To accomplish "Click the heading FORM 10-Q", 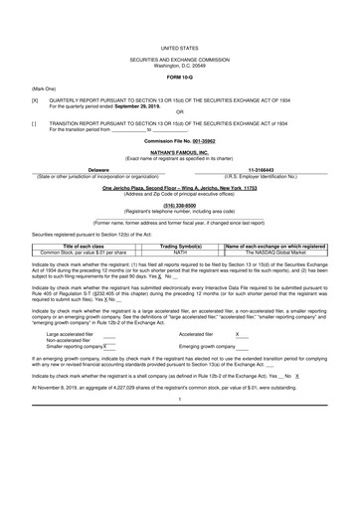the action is pyautogui.click(x=179, y=78).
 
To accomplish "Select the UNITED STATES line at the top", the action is pyautogui.click(x=179, y=47).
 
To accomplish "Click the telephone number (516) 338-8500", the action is pyautogui.click(x=179, y=207).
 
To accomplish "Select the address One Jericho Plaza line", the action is pyautogui.click(x=179, y=188).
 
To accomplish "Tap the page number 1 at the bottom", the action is pyautogui.click(x=179, y=426).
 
